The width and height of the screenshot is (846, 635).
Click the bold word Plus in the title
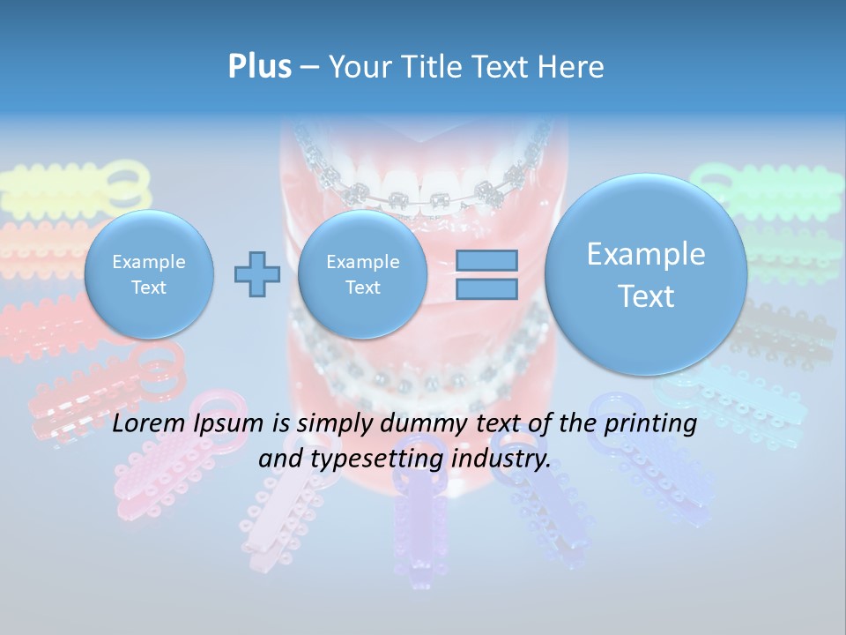point(259,66)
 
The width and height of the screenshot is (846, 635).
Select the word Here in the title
point(572,67)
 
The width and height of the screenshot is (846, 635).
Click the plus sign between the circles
point(256,273)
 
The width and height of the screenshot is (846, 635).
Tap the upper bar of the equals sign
point(486,260)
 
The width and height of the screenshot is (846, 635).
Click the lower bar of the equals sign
point(486,289)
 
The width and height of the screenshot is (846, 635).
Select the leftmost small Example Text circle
point(149,274)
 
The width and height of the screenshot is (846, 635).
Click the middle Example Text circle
point(362,274)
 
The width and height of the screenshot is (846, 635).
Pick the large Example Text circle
point(646,274)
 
